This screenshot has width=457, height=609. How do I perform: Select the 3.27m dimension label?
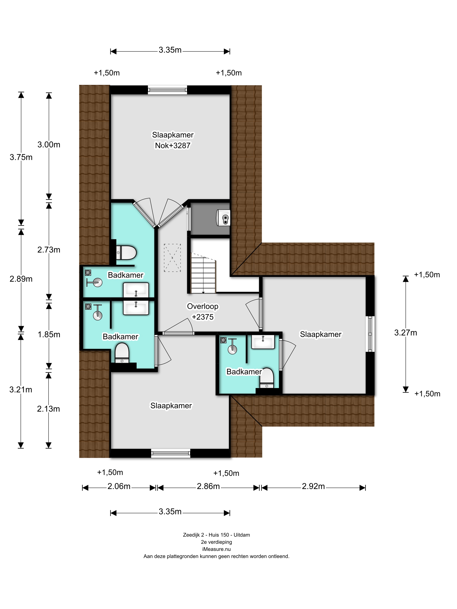click(x=405, y=333)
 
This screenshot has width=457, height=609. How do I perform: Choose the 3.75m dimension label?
click(x=21, y=157)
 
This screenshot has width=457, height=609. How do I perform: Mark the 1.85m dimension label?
click(x=49, y=335)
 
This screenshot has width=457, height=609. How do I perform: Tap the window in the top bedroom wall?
click(x=168, y=90)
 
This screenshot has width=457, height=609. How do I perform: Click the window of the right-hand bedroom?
click(x=370, y=334)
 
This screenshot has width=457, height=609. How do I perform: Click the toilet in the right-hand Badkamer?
click(x=267, y=378)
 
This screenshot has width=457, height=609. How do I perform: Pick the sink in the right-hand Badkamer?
click(x=263, y=342)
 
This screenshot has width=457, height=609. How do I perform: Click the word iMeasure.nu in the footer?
click(x=216, y=549)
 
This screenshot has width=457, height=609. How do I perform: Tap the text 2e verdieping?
click(x=216, y=542)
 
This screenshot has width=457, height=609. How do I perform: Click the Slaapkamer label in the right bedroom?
click(x=321, y=334)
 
